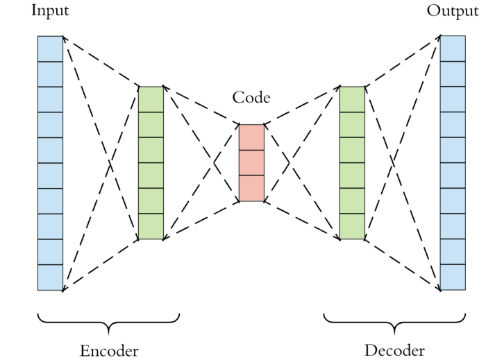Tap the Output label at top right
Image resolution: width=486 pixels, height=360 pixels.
click(452, 11)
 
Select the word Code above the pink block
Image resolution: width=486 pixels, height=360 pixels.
click(251, 98)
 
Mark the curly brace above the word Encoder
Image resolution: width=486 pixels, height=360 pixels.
click(109, 320)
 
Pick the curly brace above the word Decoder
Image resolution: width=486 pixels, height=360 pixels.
click(394, 320)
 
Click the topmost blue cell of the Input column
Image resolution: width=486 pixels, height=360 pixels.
click(50, 49)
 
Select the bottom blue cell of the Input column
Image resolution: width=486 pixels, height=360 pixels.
click(50, 277)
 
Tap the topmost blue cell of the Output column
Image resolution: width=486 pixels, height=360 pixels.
click(453, 49)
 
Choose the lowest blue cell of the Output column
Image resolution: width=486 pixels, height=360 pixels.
click(453, 277)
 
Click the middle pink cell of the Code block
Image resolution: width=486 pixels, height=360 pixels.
click(251, 163)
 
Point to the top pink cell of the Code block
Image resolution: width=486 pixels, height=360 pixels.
click(251, 137)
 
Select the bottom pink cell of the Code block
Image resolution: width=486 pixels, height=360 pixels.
click(251, 189)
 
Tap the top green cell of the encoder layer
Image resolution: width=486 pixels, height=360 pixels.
click(151, 99)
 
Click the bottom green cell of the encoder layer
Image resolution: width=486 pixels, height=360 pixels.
click(151, 227)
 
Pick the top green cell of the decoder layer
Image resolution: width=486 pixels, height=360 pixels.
click(352, 99)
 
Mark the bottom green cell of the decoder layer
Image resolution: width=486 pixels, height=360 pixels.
click(352, 227)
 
